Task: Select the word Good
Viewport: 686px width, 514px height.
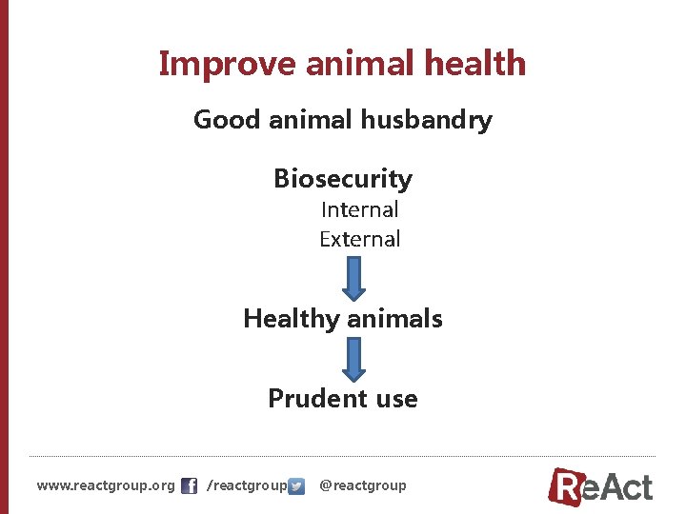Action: point(227,120)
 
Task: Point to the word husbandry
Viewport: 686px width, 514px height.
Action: point(434,121)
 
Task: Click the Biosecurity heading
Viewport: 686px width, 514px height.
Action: point(343,179)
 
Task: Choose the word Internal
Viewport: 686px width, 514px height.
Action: point(359,209)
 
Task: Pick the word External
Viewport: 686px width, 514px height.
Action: point(359,239)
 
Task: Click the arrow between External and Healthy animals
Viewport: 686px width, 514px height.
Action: point(354,278)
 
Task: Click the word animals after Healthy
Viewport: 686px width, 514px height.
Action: point(395,318)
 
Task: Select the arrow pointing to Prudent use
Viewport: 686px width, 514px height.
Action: point(354,360)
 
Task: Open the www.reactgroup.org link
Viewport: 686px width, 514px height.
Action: point(106,485)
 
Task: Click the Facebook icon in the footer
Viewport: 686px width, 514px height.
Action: point(189,486)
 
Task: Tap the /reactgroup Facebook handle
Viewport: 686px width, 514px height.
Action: point(246,486)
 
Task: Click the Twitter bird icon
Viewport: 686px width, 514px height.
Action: point(296,486)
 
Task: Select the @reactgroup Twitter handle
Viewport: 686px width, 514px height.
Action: point(362,485)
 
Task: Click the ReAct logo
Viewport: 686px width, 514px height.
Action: point(601,485)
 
